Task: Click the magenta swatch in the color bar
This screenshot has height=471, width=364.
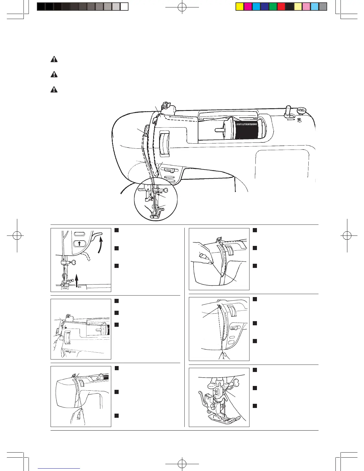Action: (x=248, y=7)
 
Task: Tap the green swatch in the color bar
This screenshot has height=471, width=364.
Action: (x=273, y=7)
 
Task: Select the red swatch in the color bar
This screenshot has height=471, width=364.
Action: (x=281, y=7)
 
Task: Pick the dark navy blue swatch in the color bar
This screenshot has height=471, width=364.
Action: (x=265, y=7)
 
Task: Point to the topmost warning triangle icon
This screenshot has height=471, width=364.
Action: (x=54, y=59)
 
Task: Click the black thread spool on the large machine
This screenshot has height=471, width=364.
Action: (x=247, y=130)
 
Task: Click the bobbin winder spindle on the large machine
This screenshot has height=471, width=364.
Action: (x=288, y=110)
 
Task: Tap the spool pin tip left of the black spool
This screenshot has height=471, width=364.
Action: (x=216, y=130)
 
